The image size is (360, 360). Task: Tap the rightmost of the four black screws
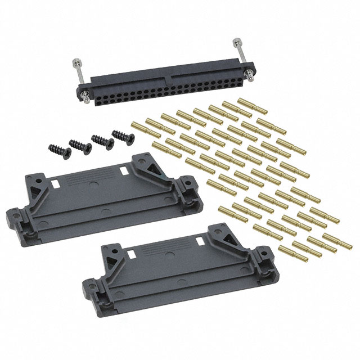coord(120,136)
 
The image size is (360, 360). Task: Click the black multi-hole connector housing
coord(163,84)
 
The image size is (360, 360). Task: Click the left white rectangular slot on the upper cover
coord(56,183)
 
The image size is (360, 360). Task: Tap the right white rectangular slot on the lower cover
coord(198,240)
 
